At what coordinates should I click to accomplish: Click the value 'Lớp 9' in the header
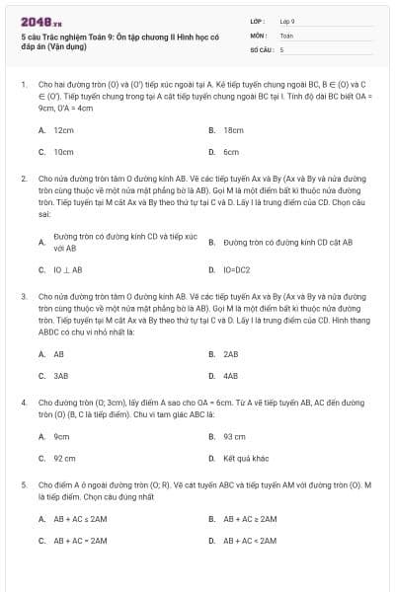[x=287, y=21]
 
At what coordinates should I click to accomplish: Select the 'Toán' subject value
[x=286, y=35]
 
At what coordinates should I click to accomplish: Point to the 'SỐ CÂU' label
[x=261, y=48]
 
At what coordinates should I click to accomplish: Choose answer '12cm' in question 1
[x=63, y=130]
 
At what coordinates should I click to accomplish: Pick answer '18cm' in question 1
[x=233, y=130]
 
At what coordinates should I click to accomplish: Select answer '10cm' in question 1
[x=63, y=152]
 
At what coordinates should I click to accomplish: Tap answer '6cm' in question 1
[x=231, y=152]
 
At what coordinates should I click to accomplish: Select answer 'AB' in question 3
[x=59, y=353]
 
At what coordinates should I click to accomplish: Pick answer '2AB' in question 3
[x=231, y=353]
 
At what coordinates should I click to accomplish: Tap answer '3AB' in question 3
[x=61, y=376]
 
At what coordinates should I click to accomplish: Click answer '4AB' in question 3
[x=231, y=376]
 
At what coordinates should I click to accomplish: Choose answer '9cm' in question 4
[x=61, y=436]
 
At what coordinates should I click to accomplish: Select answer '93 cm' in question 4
[x=234, y=436]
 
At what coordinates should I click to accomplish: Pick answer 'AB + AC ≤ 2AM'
[x=81, y=518]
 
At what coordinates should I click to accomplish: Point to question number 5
[x=24, y=484]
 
